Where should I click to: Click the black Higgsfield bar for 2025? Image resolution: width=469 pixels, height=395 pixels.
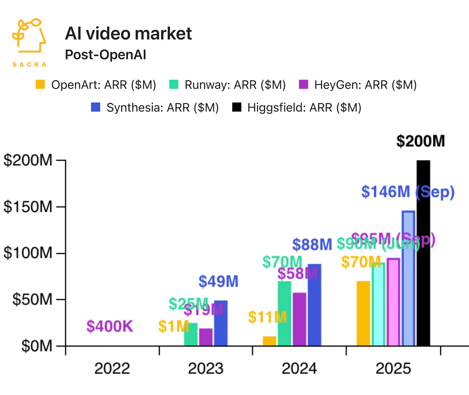coord(423,253)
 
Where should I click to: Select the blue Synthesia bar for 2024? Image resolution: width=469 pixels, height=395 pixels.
coord(314,305)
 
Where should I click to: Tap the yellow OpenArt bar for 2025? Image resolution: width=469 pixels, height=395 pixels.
coord(363,313)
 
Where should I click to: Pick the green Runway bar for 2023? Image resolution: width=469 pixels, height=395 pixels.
coord(191,334)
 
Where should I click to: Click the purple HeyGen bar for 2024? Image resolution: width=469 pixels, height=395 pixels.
coord(299,319)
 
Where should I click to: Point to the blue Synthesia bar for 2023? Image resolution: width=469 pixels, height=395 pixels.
coord(221,323)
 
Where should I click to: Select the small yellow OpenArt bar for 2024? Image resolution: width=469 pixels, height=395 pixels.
coord(269,341)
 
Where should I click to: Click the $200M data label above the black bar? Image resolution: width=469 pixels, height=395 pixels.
coord(420,141)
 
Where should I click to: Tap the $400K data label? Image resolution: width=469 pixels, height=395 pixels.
coord(110,326)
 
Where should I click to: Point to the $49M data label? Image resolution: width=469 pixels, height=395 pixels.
coord(218,281)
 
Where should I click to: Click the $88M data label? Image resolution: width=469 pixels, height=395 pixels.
coord(312,244)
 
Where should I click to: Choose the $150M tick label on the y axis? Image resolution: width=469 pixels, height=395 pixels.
coord(28,207)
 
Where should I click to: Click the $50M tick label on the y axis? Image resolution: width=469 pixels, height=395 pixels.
coord(32,300)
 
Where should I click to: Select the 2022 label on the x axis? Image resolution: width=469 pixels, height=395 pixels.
coord(112,369)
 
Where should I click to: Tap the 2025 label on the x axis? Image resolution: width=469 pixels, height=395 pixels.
coord(393,369)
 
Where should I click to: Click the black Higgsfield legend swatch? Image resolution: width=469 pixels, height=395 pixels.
coord(237,107)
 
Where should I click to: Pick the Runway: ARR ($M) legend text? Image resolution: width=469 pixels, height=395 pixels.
coord(235,85)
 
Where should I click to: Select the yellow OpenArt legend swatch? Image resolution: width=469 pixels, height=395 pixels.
coord(40,85)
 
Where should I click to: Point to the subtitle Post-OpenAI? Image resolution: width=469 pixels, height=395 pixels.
coord(105,55)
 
